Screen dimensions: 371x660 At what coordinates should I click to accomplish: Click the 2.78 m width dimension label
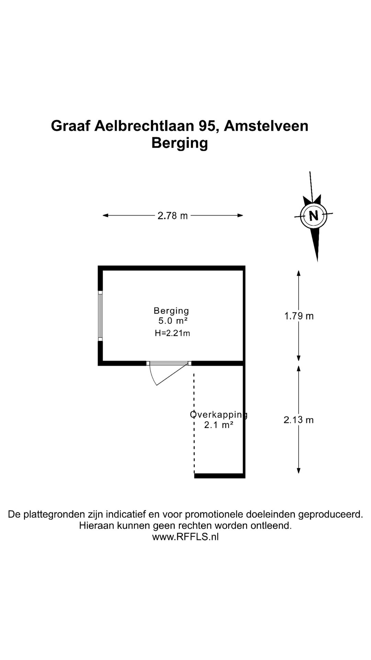point(173,216)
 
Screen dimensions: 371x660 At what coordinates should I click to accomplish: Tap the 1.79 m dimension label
point(299,316)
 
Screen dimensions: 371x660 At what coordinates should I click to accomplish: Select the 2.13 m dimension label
point(299,420)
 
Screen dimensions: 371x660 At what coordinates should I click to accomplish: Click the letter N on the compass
point(314,216)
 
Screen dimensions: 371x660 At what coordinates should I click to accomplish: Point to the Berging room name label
point(171,311)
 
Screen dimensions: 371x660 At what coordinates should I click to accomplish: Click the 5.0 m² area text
point(173,321)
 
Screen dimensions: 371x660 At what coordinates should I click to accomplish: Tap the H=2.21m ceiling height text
point(172,333)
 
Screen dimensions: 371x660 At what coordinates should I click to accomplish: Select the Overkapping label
point(219,415)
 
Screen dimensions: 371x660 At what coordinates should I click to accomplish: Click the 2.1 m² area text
point(219,425)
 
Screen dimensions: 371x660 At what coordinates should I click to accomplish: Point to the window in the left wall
point(100,316)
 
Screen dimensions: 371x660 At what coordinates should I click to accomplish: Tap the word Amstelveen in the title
point(266,126)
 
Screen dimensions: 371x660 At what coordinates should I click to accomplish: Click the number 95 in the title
point(208,126)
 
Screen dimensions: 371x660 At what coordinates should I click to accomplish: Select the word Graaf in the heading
point(70,126)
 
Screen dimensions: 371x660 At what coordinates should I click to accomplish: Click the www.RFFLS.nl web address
point(185,537)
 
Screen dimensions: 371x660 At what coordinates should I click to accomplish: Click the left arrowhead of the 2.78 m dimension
point(106,216)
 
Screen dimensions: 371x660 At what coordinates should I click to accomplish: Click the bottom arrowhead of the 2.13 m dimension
point(299,471)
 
